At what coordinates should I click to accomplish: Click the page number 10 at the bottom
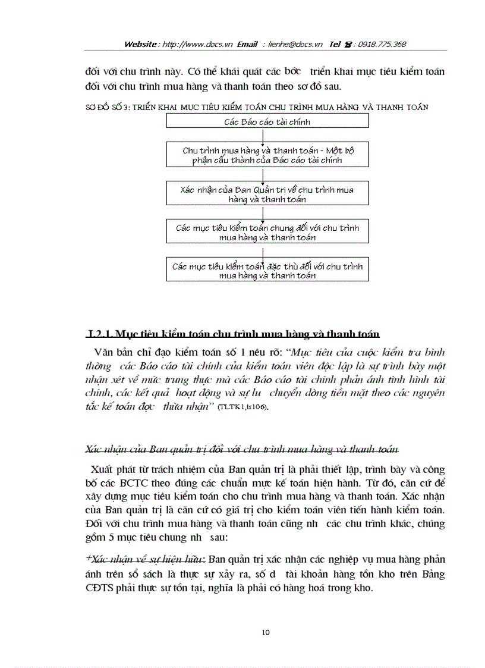[266, 632]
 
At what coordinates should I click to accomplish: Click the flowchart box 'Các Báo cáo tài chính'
[267, 122]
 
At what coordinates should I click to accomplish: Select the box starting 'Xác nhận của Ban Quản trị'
[267, 195]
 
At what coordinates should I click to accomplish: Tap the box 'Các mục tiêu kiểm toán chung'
[267, 233]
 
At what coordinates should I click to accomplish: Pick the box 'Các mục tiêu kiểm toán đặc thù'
[267, 271]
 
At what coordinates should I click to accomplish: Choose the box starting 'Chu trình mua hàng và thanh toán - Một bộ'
[267, 155]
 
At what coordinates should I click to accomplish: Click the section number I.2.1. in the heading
[99, 333]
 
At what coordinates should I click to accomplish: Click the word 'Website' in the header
[141, 45]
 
